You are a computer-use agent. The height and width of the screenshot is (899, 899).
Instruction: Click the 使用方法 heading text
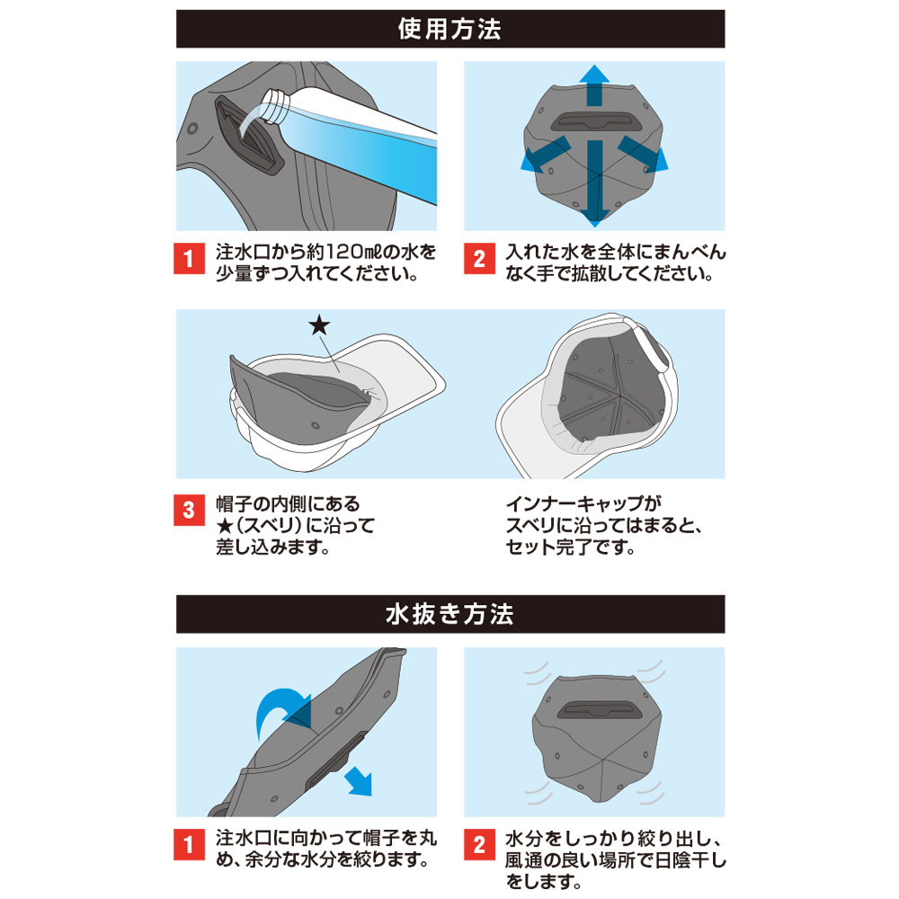point(449,29)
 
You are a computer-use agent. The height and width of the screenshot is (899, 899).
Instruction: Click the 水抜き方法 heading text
point(449,615)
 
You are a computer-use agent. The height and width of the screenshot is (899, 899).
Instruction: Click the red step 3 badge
point(188,509)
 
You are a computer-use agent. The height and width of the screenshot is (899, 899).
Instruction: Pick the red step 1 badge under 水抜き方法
point(188,845)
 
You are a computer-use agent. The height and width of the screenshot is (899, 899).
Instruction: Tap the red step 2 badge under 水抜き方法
point(478,845)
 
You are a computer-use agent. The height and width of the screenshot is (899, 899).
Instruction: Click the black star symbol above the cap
point(318,325)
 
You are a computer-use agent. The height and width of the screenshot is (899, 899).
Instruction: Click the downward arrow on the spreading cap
point(592,193)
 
